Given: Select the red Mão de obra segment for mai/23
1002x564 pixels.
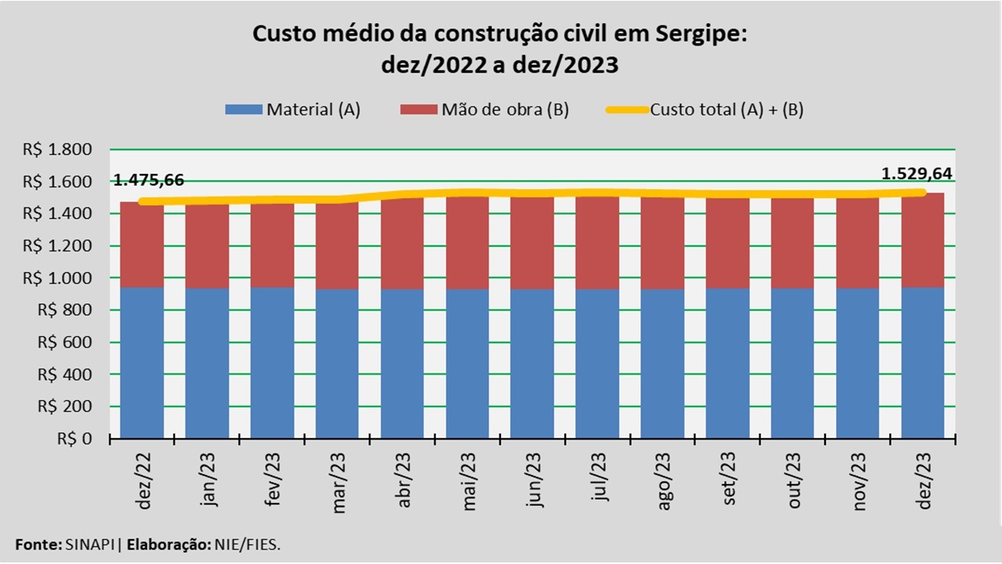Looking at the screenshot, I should click(x=468, y=243).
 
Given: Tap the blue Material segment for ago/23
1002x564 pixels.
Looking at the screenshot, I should click(x=663, y=363).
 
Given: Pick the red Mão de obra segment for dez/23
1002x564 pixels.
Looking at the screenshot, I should click(x=923, y=240).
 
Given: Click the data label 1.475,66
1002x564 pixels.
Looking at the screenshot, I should click(x=149, y=180).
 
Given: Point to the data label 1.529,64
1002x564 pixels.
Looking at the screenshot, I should click(x=917, y=174).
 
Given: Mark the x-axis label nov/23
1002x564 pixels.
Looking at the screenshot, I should click(x=860, y=482).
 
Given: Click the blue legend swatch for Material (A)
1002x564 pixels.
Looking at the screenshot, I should click(x=243, y=110).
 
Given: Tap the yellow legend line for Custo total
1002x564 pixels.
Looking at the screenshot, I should click(x=627, y=110).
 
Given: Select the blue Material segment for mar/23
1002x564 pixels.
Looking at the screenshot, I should click(x=337, y=363).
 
